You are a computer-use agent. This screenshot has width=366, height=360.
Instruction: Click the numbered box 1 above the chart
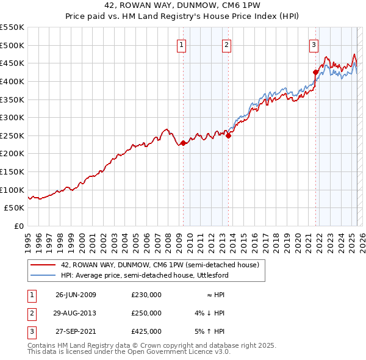(182, 44)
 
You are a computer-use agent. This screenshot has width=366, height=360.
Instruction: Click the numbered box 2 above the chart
(226, 44)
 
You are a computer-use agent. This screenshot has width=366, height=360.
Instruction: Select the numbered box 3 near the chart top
(314, 44)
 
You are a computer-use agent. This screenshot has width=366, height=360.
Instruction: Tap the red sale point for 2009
(183, 143)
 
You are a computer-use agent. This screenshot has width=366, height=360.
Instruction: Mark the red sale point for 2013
(228, 136)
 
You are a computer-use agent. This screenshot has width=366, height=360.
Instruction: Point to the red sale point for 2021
(315, 72)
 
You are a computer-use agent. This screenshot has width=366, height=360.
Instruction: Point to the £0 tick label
(19, 226)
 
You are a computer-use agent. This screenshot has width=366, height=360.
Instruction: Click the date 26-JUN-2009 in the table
(76, 295)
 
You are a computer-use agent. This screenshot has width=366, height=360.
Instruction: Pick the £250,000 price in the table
(146, 313)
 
